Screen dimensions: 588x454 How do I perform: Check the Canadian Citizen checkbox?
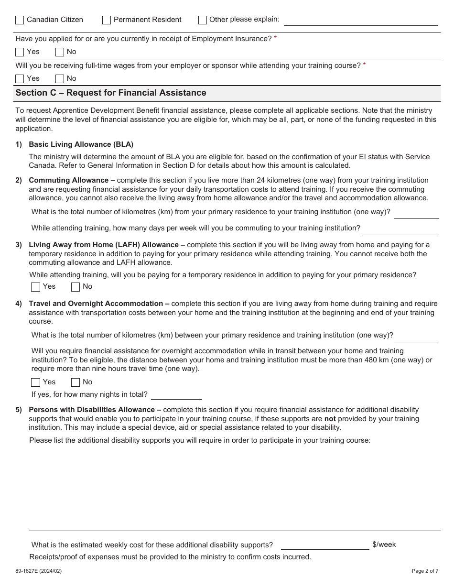(x=20, y=20)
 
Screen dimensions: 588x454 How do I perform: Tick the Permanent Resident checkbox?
(x=107, y=20)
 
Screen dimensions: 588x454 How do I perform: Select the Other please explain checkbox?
(x=203, y=20)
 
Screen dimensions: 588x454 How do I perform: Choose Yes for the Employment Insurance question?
(x=20, y=52)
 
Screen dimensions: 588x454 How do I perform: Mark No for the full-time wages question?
(x=60, y=79)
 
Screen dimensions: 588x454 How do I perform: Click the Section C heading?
(x=111, y=93)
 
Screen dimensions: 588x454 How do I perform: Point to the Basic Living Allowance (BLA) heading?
(x=81, y=144)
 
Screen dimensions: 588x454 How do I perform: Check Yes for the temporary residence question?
(x=35, y=287)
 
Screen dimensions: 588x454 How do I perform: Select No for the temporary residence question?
(x=76, y=287)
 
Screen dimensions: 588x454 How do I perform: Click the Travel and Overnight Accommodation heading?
(x=96, y=304)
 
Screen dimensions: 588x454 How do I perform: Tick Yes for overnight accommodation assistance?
(x=35, y=382)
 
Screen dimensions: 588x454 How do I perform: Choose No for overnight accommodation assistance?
(x=76, y=382)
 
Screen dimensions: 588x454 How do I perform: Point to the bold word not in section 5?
(x=330, y=419)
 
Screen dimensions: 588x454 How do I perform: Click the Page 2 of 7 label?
(x=425, y=571)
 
